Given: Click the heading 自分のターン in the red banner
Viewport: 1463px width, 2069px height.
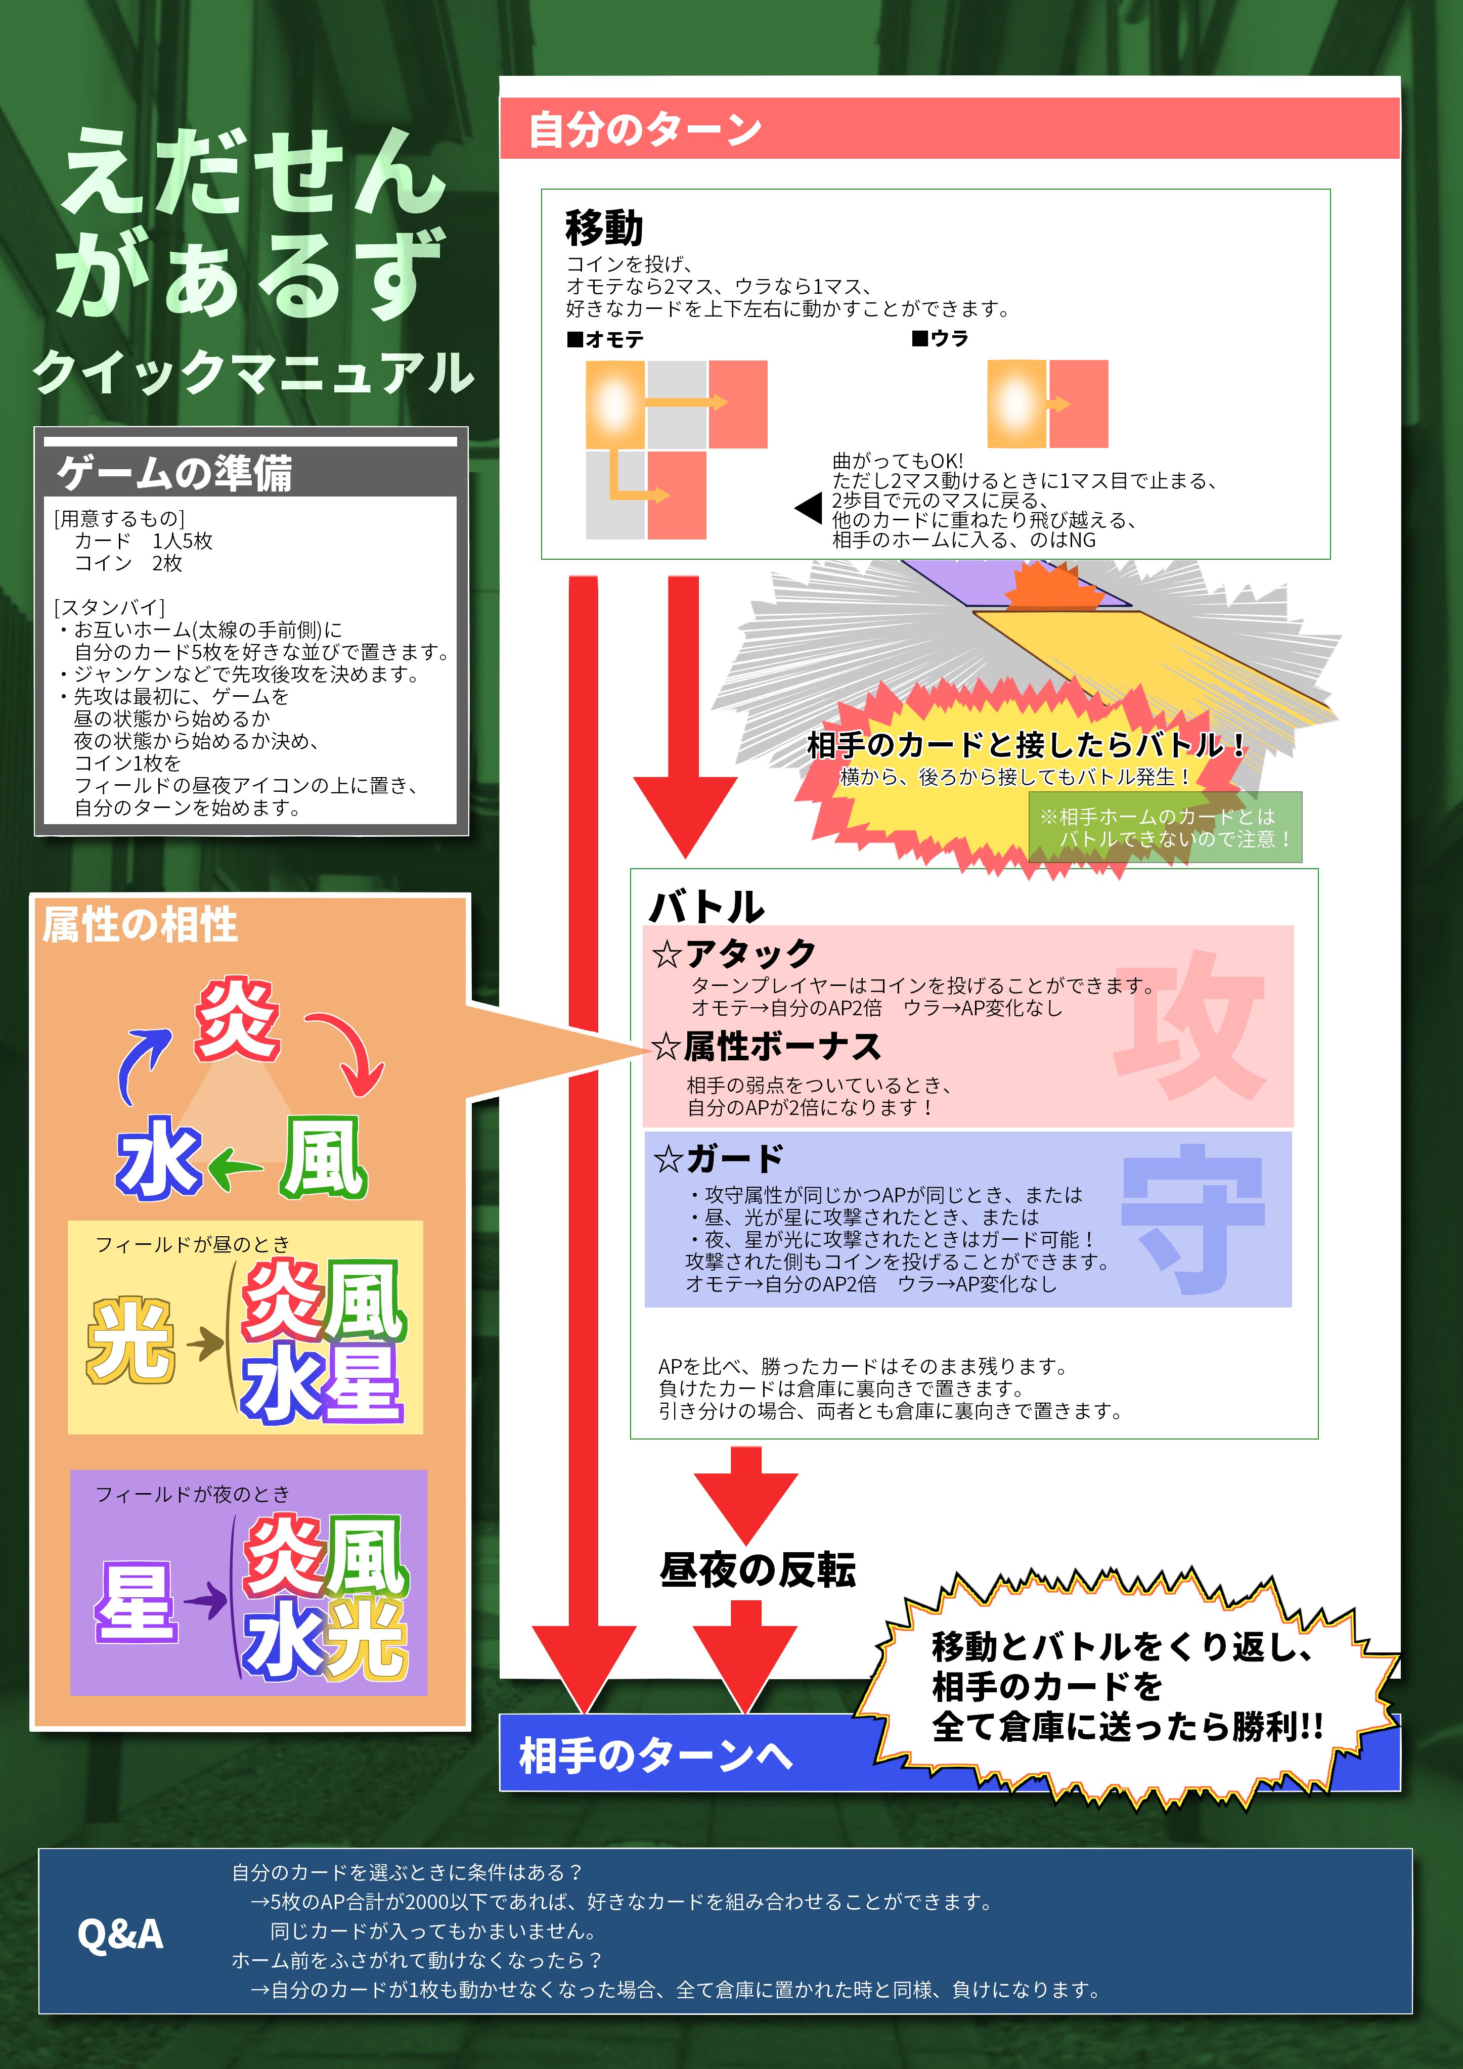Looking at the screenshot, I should click(x=644, y=129).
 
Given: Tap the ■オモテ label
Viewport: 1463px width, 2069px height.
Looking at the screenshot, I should click(x=606, y=340).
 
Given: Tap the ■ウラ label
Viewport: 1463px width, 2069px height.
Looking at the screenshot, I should click(x=940, y=339).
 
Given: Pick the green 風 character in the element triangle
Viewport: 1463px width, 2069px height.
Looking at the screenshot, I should click(x=323, y=1158).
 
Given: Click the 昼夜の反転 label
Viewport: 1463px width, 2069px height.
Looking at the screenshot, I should click(x=757, y=1570).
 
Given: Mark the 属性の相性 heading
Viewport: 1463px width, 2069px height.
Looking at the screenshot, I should click(x=141, y=925).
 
